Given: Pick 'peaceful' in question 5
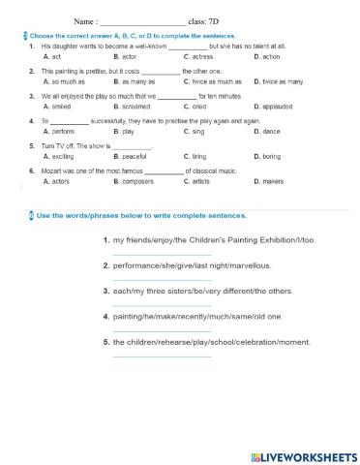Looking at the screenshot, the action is coord(135,155).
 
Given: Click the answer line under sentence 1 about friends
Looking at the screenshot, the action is coord(147,251).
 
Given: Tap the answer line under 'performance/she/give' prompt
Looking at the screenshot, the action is coord(147,277).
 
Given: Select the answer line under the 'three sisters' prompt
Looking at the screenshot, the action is coord(147,303).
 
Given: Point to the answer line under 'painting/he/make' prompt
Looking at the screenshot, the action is coord(147,329).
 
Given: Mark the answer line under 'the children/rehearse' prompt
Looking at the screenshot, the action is coord(147,356).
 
